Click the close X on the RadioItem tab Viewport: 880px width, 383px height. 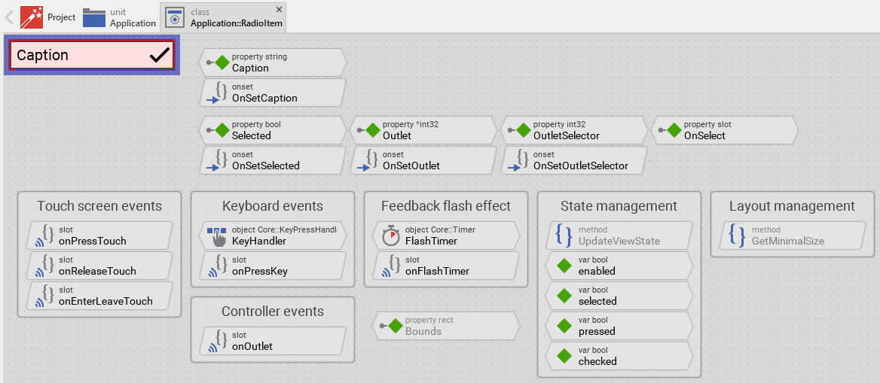coord(279,9)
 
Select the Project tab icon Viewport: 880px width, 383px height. coord(32,17)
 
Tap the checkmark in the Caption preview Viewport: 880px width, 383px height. coord(160,55)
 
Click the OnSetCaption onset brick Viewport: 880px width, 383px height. coord(272,93)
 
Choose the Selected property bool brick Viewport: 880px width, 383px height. coord(272,130)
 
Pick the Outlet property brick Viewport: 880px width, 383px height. coord(423,130)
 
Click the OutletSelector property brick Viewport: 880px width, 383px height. coord(573,130)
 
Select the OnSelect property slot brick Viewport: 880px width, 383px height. coord(724,130)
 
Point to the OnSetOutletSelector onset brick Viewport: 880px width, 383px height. coord(573,160)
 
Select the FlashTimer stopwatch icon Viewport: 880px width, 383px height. coord(390,236)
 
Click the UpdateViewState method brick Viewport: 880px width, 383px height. coord(619,236)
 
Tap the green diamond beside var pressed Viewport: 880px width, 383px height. coord(564,326)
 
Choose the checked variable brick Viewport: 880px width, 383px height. coord(619,356)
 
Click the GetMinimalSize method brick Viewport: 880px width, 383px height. coord(787,236)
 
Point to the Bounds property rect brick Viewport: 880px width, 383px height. coord(445,326)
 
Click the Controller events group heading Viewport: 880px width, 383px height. coord(273,312)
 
